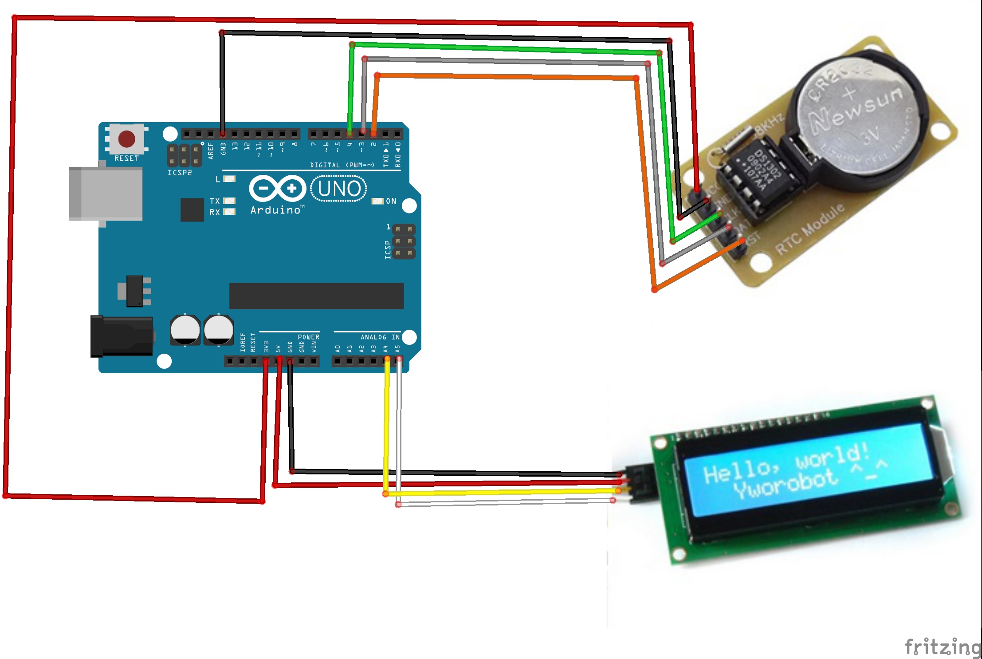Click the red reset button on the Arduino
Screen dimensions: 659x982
[126, 139]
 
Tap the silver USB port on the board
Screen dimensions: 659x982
[106, 193]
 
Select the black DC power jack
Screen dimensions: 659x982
[121, 336]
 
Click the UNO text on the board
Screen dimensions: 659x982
[339, 189]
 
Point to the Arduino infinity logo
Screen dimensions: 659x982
[277, 188]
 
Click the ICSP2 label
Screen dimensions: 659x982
[180, 173]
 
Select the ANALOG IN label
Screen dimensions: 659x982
[380, 337]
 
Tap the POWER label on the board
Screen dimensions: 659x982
[308, 337]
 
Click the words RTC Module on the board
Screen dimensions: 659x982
[810, 229]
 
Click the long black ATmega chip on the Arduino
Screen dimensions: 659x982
[316, 296]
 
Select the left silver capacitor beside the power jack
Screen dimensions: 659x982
[185, 330]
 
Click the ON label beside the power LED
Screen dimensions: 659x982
[391, 201]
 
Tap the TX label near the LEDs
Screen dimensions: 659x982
[215, 201]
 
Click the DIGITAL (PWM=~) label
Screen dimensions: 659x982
[342, 165]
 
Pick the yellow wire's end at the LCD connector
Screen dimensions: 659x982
[618, 490]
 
